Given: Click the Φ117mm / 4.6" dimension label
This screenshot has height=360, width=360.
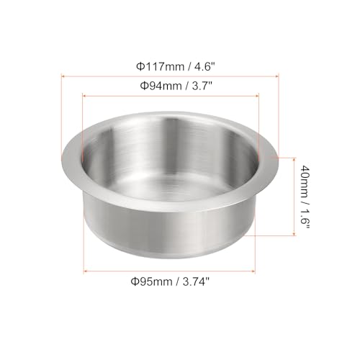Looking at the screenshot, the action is (x=175, y=66).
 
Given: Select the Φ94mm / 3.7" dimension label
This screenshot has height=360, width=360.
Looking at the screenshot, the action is (x=176, y=86).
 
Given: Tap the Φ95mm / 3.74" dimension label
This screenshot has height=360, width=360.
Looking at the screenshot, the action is (x=171, y=281).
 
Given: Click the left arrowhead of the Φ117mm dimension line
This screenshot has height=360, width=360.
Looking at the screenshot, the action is (x=63, y=76).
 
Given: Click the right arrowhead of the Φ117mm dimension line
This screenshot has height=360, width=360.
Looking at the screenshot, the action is (x=276, y=76).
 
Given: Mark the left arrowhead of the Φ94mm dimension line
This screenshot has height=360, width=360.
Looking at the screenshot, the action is (x=84, y=96).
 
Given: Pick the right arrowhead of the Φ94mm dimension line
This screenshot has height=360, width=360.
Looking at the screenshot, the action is (x=257, y=96).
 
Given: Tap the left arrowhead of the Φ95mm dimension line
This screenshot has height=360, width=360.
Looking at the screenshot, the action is (x=85, y=271).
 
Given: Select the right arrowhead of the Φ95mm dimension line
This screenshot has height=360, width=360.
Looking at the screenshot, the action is (x=253, y=271).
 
